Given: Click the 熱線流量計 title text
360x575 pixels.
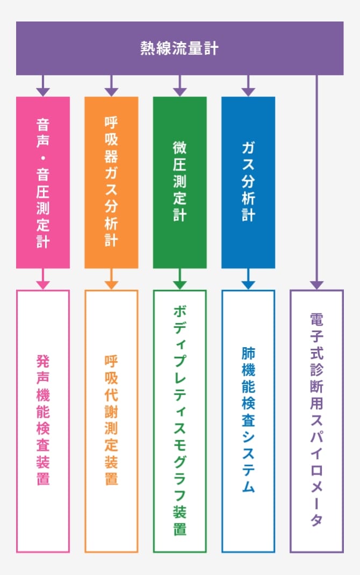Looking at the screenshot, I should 179,48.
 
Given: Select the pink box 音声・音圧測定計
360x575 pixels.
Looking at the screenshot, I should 43,183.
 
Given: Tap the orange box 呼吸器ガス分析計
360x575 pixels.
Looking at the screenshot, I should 111,183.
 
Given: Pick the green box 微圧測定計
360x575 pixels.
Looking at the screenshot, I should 179,183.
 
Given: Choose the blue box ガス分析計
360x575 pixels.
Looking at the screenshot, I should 248,183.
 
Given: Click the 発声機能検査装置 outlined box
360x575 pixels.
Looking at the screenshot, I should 43,421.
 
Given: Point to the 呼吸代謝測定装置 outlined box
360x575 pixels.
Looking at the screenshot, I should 111,421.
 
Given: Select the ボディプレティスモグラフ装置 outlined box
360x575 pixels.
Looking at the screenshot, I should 179,421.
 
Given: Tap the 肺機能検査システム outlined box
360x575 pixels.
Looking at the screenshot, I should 248,421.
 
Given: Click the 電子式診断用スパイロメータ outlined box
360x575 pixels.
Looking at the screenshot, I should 316,421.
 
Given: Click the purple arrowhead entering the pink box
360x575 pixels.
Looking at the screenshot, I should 43,92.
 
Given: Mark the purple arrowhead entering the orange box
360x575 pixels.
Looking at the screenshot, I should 111,92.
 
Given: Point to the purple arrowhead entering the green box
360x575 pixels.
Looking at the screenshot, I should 179,92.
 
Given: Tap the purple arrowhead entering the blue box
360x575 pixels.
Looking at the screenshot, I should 248,92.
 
